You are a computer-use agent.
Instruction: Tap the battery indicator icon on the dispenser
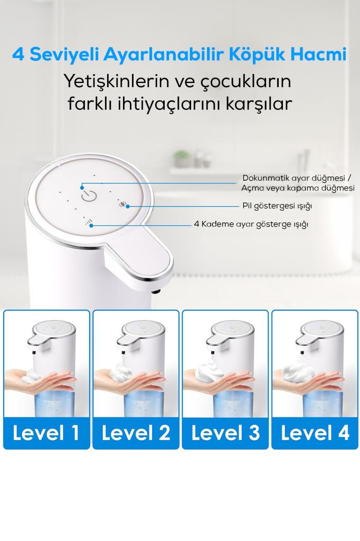coord(122,204)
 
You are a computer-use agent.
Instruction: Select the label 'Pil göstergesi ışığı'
coord(277,206)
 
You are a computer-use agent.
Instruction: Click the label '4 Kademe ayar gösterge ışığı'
coord(251,224)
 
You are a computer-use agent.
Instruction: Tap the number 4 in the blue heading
coord(18,54)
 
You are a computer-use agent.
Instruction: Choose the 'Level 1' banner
coord(46,433)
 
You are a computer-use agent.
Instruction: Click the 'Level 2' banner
coord(136,433)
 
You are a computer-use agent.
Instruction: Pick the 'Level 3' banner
coord(225,433)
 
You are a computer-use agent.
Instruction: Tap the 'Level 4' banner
coord(315,433)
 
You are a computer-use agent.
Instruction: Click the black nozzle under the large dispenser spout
coord(156,292)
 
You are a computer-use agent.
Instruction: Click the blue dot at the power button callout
coord(82,188)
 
